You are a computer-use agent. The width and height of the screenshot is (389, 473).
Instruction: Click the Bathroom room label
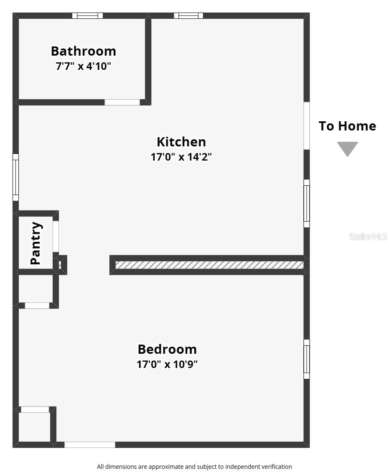84,51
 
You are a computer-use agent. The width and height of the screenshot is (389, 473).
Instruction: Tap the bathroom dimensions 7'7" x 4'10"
84,66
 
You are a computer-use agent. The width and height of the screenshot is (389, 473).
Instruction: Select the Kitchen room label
181,142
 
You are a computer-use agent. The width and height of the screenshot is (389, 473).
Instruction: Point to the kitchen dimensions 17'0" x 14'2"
181,157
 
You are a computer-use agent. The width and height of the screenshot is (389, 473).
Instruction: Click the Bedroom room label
167,349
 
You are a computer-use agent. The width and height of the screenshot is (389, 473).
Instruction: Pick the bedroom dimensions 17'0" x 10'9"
167,364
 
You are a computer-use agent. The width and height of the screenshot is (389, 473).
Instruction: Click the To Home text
347,126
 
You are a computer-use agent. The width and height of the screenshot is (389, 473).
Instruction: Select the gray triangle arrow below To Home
347,148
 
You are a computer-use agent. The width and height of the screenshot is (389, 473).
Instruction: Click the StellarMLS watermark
368,237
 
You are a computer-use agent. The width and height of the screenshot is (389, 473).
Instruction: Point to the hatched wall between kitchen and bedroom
209,265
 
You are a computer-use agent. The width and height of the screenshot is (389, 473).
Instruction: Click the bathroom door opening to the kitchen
122,102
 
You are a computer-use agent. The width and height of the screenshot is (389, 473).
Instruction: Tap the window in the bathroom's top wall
87,16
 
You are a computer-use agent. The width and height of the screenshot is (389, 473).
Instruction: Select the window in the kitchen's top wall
188,16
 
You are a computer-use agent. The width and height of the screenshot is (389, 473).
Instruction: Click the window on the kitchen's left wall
15,177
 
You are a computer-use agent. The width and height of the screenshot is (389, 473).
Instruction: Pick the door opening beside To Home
306,126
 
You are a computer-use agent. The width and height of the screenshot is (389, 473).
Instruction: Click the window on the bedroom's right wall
306,359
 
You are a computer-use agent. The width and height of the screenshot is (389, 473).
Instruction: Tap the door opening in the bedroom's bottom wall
90,445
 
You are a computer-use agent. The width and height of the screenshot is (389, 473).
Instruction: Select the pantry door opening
56,237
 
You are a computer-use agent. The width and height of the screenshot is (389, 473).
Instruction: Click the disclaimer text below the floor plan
194,467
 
